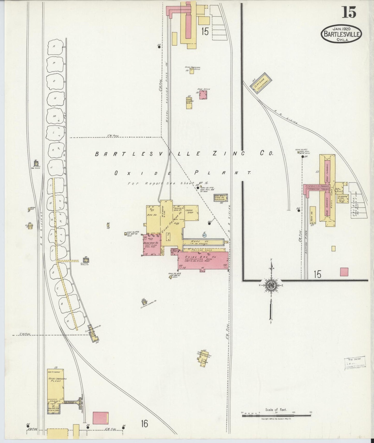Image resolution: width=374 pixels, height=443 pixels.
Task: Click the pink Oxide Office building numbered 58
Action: point(203,95)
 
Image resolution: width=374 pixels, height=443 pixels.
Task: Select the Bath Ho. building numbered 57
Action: point(313,215)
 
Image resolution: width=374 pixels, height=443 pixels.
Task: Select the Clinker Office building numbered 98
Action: point(31,226)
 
